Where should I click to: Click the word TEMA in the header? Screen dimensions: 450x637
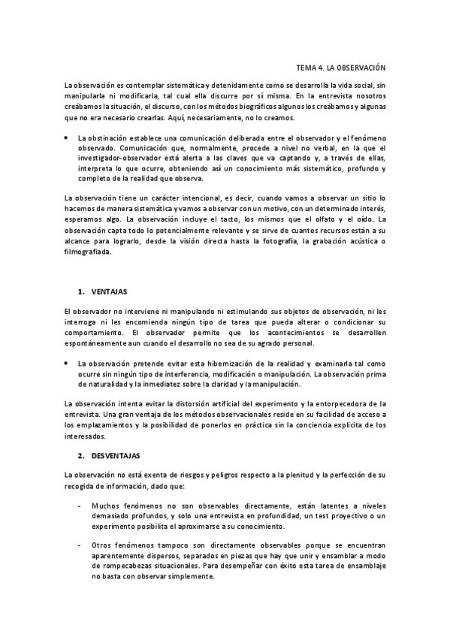(307, 67)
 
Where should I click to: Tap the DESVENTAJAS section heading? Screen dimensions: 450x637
(116, 456)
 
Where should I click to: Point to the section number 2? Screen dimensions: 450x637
(80, 456)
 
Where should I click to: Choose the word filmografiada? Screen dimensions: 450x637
(88, 252)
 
